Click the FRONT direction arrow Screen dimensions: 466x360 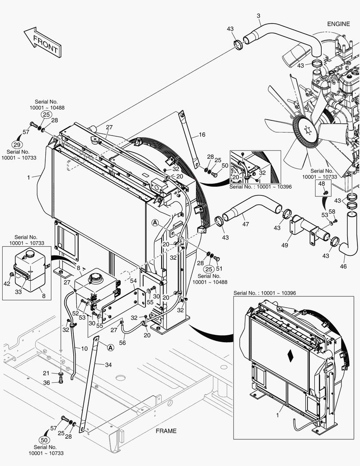point(41,42)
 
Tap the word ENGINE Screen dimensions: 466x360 point(338,24)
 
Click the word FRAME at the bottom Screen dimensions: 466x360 point(166,431)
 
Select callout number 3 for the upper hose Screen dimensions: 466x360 point(258,16)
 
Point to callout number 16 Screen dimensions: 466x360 point(202,135)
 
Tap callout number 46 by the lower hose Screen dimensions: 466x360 point(343,267)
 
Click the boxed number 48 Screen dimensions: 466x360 point(322,184)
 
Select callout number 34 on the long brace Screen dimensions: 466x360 point(108,364)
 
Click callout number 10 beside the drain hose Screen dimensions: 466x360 point(85,348)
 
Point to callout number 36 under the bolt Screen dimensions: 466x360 point(47,382)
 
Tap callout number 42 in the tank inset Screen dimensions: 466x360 point(6,283)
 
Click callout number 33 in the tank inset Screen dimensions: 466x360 point(19,292)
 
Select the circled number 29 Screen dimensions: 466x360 point(17,145)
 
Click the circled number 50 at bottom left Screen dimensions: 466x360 point(44,440)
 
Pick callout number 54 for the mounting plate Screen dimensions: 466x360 point(133,281)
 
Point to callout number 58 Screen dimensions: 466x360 point(332,211)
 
